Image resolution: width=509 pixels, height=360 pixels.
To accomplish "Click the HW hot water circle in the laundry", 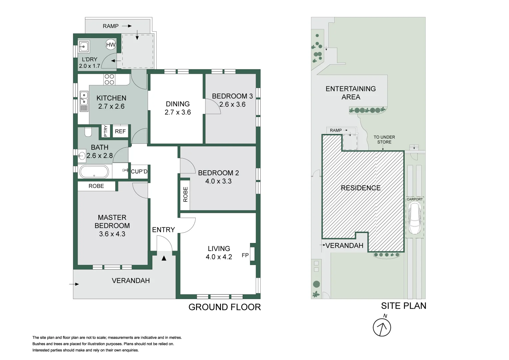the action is pos(111,45).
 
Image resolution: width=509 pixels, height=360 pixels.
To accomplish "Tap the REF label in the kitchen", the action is pos(120,131).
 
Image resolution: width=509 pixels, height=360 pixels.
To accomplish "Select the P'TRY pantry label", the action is pos(106,131).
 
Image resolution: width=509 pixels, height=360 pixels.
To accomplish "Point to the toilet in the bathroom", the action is pos(88,132).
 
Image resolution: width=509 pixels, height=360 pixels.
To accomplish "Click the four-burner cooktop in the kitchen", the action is pos(109,79).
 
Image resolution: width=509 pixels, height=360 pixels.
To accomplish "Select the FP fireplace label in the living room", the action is pos(245,255).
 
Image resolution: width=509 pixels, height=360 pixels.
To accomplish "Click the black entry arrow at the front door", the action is pos(164,258).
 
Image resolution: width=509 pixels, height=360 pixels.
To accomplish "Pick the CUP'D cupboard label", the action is pos(139,172).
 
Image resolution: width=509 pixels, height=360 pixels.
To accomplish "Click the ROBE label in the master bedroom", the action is pos(96,186).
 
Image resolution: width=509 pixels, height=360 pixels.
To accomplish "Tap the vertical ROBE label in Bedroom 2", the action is pos(185,194).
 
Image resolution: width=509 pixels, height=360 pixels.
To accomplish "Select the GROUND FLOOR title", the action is pos(225,307).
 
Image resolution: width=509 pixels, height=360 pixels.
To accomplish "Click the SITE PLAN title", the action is pos(404,306).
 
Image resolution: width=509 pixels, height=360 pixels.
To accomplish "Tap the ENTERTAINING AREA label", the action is pos(351,93).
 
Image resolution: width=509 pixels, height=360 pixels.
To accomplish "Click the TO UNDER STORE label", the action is pos(384,139).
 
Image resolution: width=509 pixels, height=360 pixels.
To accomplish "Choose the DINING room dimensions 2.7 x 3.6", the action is pos(178,112).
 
